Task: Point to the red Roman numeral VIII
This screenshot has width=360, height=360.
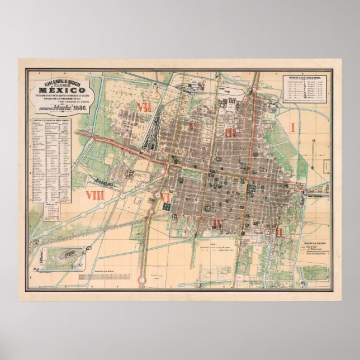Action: (x=95, y=195)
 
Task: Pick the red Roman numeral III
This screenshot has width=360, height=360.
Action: (x=231, y=132)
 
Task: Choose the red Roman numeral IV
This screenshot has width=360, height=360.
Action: (x=218, y=224)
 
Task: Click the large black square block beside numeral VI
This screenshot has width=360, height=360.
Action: (x=167, y=207)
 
